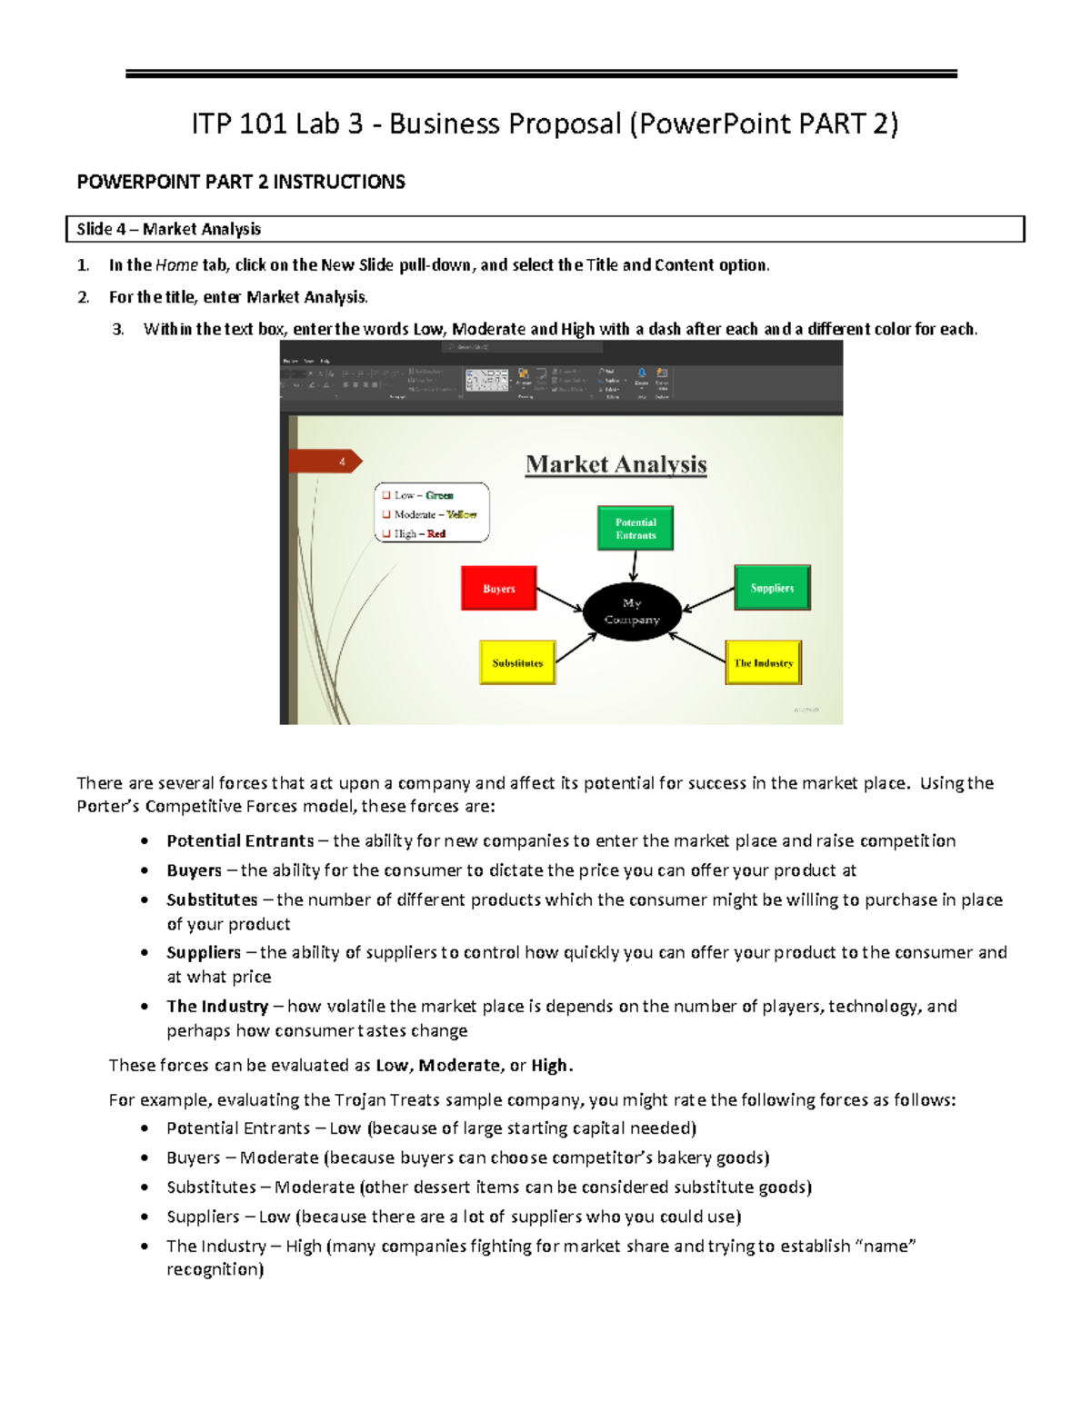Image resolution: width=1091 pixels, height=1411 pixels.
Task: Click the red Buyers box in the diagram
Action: [498, 588]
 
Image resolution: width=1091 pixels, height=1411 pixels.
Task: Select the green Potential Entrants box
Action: [636, 529]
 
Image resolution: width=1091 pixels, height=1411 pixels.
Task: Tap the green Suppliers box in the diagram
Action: [772, 588]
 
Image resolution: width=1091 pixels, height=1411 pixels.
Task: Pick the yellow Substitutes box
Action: [517, 662]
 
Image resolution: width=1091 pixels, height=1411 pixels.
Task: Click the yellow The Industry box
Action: [764, 662]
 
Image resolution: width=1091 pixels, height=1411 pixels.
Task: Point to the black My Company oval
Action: [632, 611]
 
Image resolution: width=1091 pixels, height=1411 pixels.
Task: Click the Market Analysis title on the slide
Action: [616, 464]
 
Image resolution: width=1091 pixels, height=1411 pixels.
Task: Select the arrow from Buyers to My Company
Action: [559, 599]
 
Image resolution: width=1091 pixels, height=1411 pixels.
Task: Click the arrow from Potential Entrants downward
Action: [634, 567]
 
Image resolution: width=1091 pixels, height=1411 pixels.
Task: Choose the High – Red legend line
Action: [419, 534]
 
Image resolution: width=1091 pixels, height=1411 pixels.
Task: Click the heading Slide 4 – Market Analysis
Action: [169, 229]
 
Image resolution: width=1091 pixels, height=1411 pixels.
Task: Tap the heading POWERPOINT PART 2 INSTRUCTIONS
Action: [241, 182]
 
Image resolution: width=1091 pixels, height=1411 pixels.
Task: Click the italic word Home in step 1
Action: [176, 265]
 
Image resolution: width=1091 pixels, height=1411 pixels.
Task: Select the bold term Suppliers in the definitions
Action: [203, 952]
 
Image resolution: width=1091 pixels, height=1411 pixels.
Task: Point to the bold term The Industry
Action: [216, 1006]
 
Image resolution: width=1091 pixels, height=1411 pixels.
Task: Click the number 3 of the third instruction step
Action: [117, 330]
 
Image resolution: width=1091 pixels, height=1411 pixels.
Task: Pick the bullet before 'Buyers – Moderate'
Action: [145, 1158]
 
